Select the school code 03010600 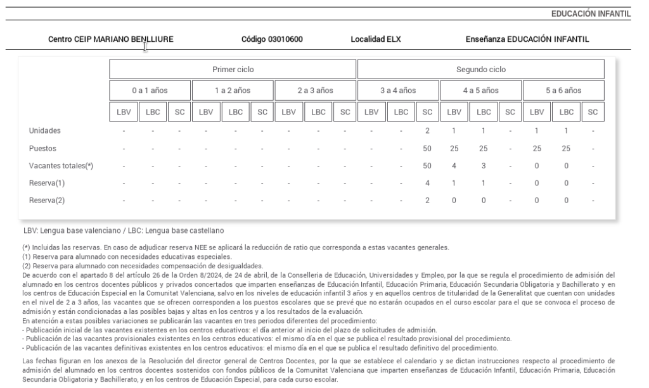tap(272, 39)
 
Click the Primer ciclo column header tap(233, 69)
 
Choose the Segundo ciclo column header tap(480, 69)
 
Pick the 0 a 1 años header tap(150, 91)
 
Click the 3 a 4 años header tap(397, 91)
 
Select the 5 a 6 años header tap(563, 91)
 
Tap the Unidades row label tap(44, 130)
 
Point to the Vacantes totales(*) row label tap(61, 166)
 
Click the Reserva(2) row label tap(47, 200)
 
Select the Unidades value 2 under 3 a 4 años tap(427, 130)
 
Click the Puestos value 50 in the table tap(427, 148)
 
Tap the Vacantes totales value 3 tap(483, 166)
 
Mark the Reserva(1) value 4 tap(427, 183)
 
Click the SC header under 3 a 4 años tap(427, 112)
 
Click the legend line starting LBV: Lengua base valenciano tap(124, 230)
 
